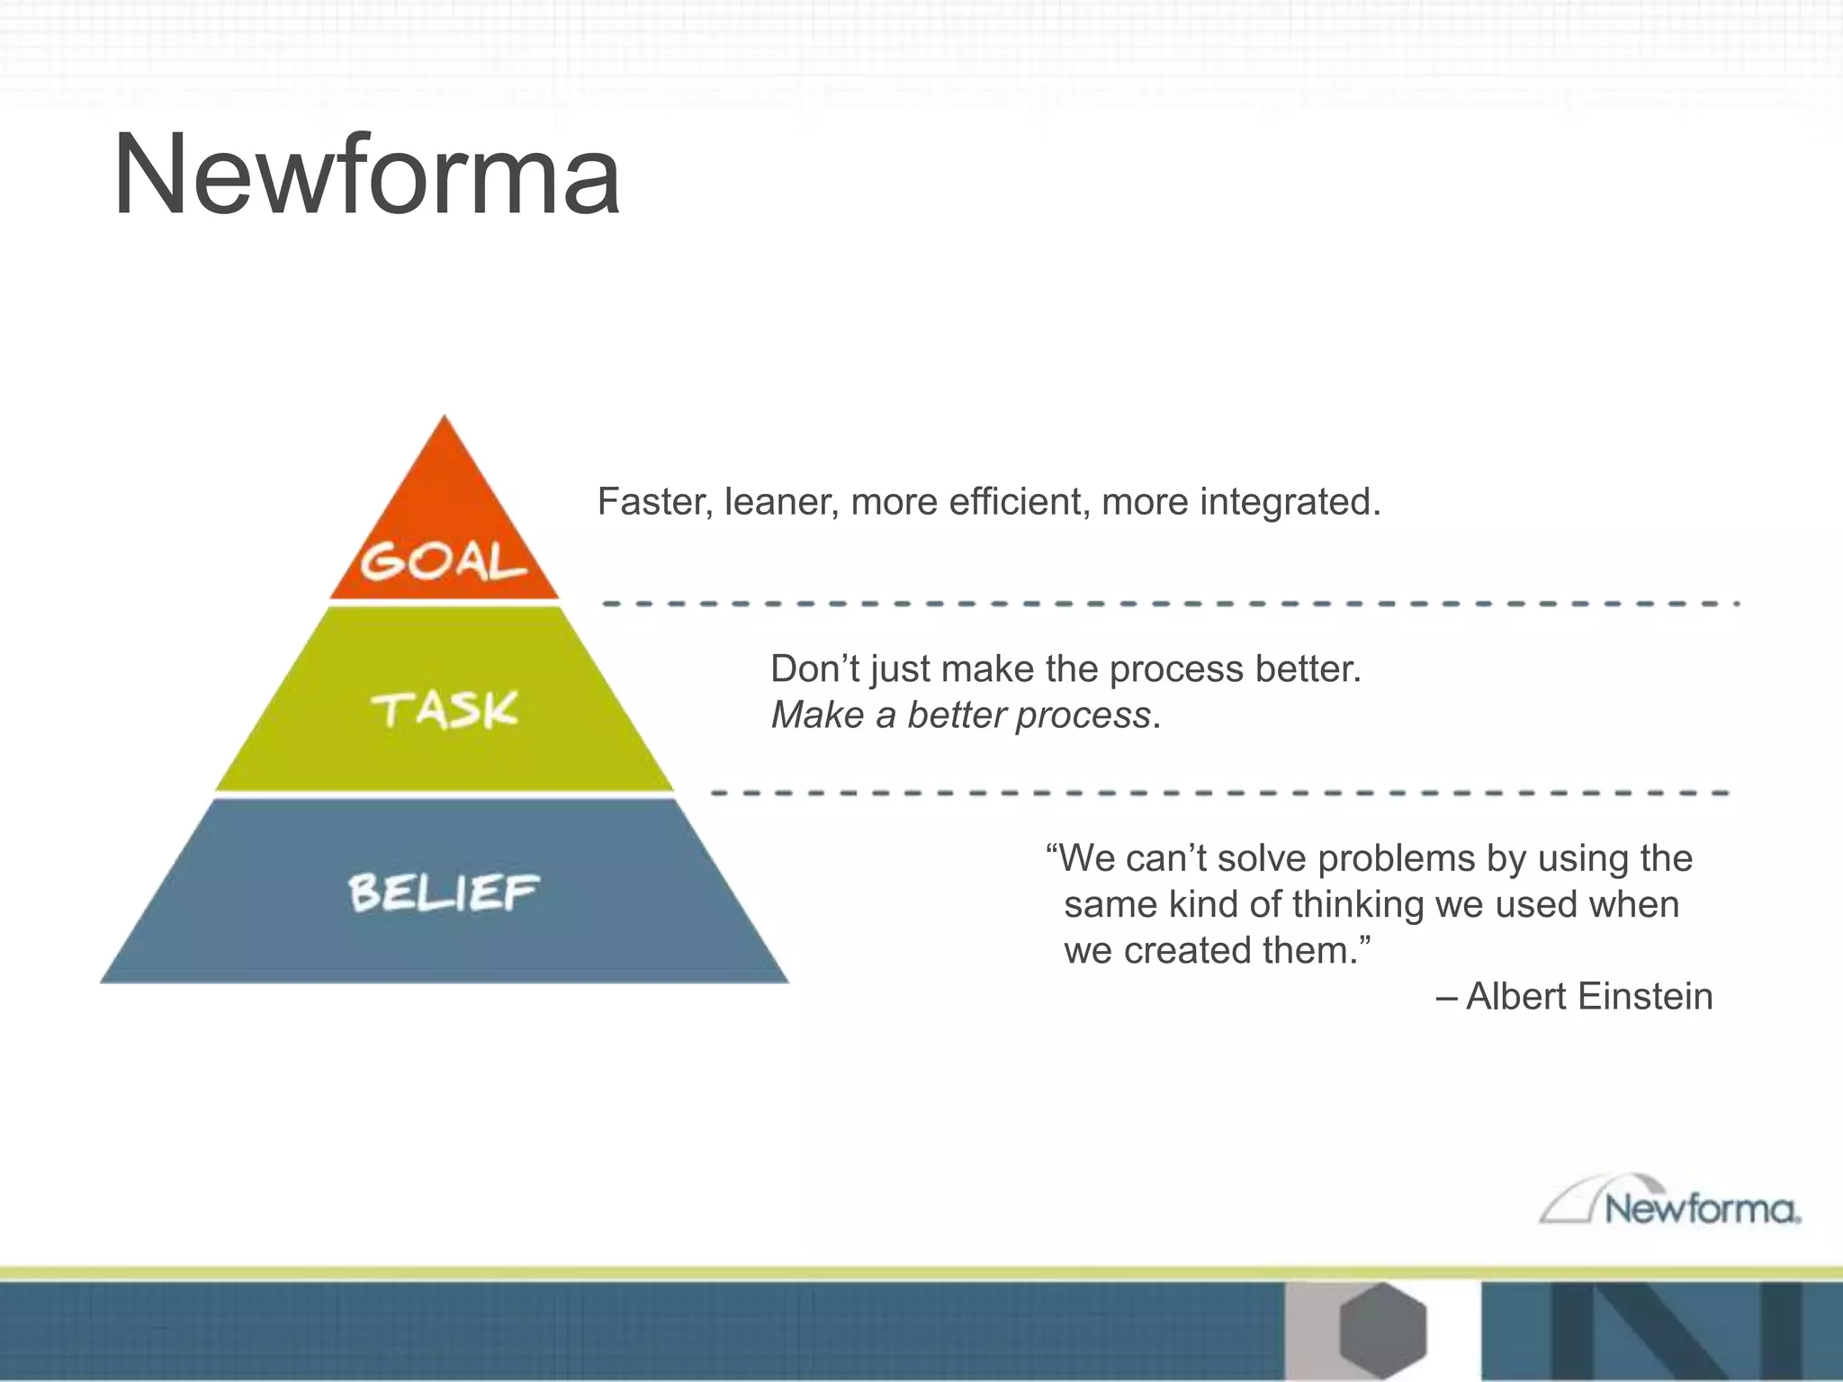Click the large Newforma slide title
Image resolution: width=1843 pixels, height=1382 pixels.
point(366,175)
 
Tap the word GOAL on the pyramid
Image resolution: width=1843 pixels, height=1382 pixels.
point(443,561)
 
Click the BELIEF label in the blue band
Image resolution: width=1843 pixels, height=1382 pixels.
point(444,893)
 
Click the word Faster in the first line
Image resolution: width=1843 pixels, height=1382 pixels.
point(653,502)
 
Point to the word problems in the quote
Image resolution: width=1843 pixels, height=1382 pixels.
point(1396,858)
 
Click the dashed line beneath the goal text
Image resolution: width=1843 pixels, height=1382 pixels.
point(1170,604)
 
